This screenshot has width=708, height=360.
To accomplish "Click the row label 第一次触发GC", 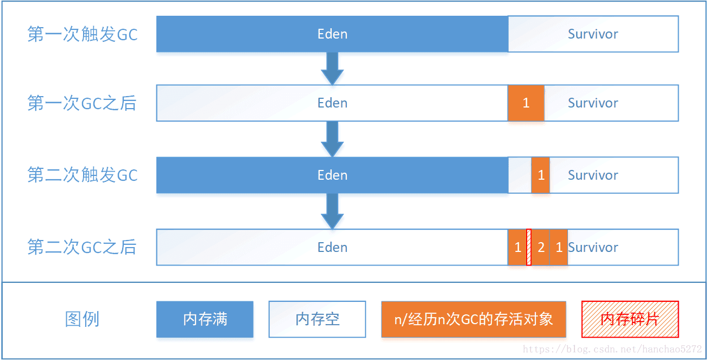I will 83,34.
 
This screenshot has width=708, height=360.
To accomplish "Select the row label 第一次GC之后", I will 82,103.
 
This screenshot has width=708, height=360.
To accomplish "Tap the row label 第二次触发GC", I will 83,175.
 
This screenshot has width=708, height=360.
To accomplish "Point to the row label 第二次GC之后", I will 82,248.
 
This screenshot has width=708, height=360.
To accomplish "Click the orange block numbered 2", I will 541,248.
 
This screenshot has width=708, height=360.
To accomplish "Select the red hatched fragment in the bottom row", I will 529,248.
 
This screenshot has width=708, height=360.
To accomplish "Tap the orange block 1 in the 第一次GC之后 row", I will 526,103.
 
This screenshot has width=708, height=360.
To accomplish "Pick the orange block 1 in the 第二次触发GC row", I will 541,175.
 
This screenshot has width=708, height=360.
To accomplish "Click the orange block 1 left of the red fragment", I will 517,248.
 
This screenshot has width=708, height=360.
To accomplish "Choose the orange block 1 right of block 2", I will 559,248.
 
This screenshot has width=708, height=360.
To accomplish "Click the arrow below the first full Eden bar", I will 332,68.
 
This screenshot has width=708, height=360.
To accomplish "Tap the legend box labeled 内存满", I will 205,319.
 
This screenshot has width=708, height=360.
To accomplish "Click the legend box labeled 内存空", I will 317,319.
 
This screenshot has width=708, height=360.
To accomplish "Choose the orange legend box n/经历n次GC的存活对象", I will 473,319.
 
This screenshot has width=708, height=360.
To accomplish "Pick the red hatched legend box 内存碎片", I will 630,319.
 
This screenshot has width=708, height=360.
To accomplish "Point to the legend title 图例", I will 82,319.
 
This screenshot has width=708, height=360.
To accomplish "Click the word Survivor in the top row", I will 593,34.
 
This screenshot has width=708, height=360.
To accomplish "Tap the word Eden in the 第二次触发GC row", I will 332,175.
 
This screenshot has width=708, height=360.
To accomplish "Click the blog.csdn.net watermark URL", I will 612,350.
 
